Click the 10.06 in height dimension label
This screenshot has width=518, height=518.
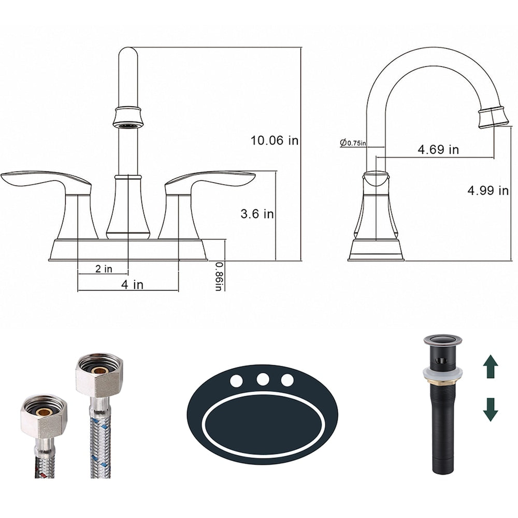point(274,141)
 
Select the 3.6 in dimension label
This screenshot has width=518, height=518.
point(257,214)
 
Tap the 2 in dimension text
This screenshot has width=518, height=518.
point(104,269)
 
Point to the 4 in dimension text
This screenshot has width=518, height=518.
point(132,284)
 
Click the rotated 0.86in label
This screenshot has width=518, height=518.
point(219,276)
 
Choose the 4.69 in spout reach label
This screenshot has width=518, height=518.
point(438,150)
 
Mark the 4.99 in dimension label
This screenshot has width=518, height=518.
point(487,190)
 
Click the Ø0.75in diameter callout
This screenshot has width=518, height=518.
point(353,143)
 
